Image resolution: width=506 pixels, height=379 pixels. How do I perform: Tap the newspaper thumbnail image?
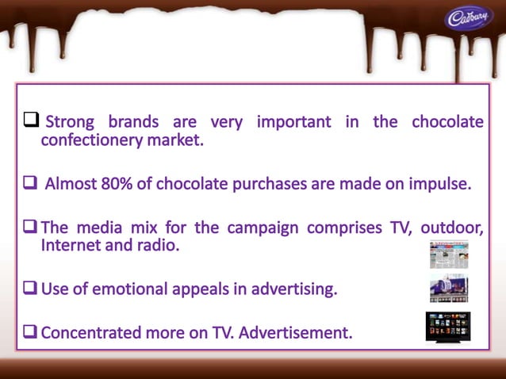point(449,255)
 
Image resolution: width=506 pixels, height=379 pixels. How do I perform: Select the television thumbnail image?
point(448,327)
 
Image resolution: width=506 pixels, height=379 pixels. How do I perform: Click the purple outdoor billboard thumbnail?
point(449,289)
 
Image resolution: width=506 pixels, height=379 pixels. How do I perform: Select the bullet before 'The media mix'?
point(32,228)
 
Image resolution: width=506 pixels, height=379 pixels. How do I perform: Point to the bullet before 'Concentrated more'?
point(32,332)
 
